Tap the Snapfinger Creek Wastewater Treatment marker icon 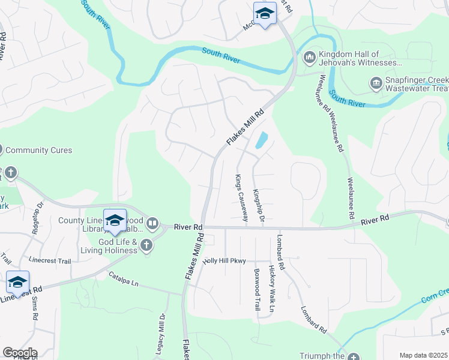point(376,82)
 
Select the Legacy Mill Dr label point(161,334)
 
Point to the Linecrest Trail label point(50,261)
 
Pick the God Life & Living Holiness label point(114,246)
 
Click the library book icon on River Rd point(152,224)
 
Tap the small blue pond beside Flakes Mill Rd point(261,140)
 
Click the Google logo point(20,353)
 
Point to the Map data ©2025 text point(423,355)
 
